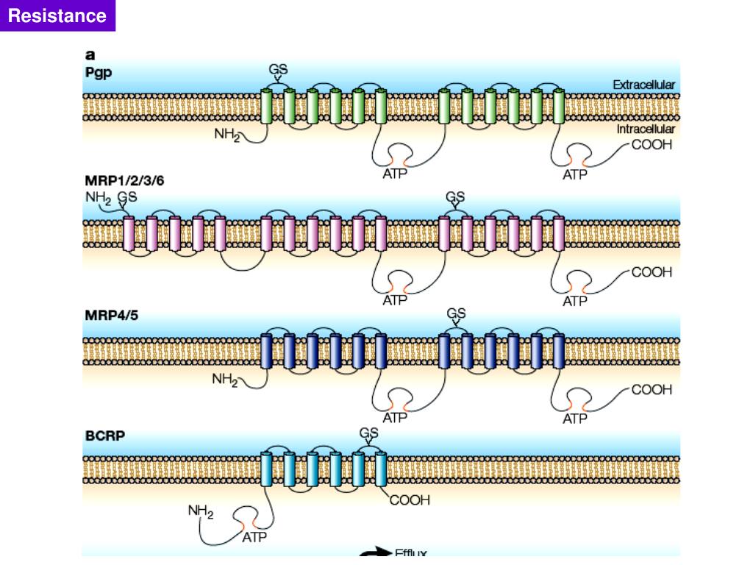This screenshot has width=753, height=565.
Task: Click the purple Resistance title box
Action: [x=57, y=15]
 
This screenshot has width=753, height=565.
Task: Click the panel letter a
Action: [x=89, y=54]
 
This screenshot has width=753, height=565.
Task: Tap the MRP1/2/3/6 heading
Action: [x=129, y=180]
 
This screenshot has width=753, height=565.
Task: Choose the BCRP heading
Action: [x=104, y=436]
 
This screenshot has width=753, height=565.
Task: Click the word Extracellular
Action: [x=643, y=85]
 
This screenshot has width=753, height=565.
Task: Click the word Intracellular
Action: [x=646, y=129]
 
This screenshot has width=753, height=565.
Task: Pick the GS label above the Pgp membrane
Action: [x=278, y=70]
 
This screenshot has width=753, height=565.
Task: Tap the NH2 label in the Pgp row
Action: [x=227, y=135]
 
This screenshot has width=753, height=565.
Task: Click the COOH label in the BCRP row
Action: [x=409, y=500]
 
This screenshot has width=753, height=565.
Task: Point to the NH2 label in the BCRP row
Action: [x=201, y=511]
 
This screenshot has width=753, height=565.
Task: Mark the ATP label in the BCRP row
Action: [x=254, y=538]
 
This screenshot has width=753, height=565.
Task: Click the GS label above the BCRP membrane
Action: [x=369, y=433]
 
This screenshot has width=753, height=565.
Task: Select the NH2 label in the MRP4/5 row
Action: [x=225, y=380]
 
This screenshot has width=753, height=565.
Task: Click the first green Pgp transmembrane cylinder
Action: [x=267, y=105]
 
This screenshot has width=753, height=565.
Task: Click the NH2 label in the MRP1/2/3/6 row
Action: [x=98, y=197]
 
